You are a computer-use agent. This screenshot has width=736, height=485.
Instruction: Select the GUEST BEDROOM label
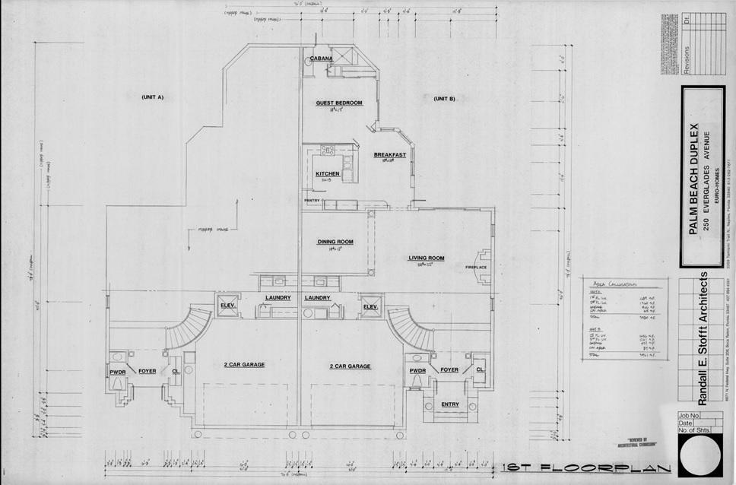338,102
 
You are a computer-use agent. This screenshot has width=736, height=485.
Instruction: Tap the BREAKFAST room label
390,155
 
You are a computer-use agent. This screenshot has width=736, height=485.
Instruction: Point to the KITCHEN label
328,174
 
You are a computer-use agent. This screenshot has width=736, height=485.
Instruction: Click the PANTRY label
312,201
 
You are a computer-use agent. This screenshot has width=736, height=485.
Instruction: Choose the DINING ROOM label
335,242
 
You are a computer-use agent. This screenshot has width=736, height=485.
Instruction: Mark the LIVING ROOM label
426,258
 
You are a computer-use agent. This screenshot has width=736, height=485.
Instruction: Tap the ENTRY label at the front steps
450,404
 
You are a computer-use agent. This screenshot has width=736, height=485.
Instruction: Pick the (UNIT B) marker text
444,99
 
